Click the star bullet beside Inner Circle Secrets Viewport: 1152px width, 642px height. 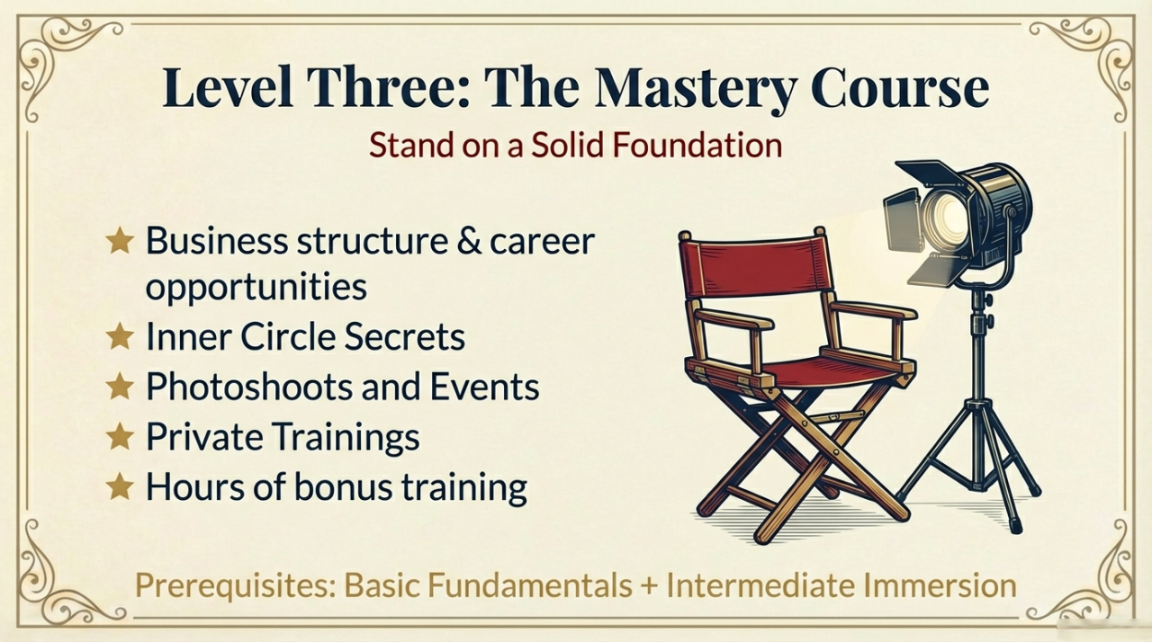pyautogui.click(x=120, y=337)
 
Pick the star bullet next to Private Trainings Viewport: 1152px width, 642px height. pyautogui.click(x=120, y=437)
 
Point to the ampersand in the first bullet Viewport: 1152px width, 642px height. pyautogui.click(x=469, y=240)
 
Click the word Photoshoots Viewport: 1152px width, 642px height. pyautogui.click(x=249, y=387)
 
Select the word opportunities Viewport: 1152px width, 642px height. pyautogui.click(x=256, y=288)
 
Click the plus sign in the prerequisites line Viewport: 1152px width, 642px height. pyautogui.click(x=650, y=585)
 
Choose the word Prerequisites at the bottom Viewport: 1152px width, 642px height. pyautogui.click(x=235, y=585)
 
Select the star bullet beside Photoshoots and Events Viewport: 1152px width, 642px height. pyautogui.click(x=120, y=387)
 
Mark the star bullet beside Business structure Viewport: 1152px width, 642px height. pyautogui.click(x=120, y=240)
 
